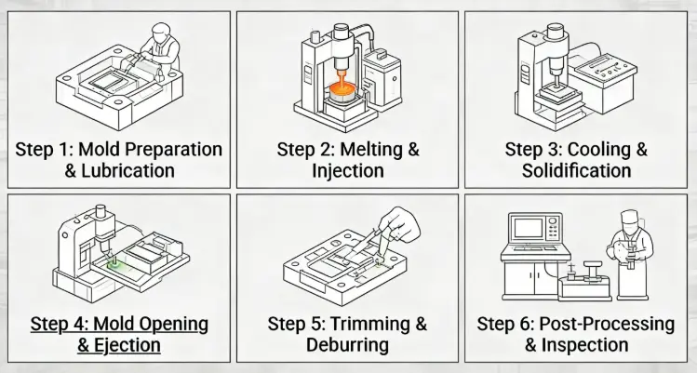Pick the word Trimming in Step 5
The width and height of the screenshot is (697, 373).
click(370, 324)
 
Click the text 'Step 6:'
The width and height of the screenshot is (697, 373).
click(505, 324)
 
